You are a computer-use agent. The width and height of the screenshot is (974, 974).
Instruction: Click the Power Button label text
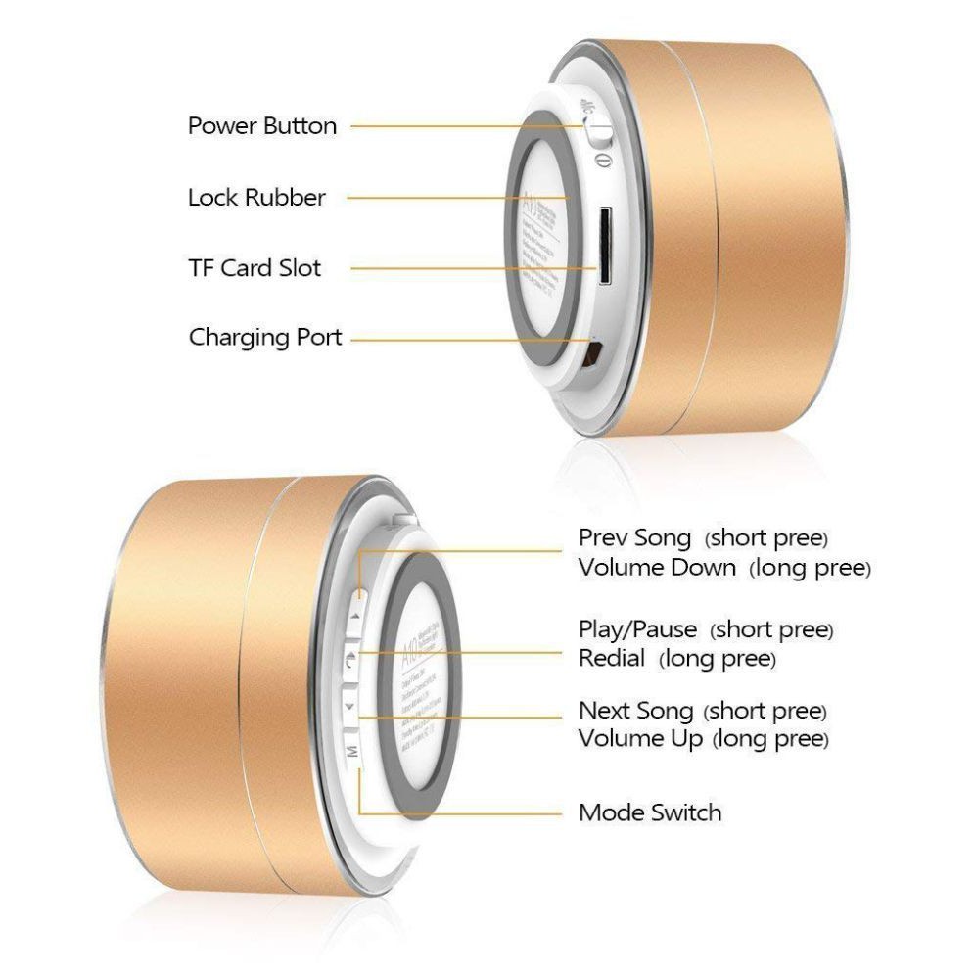tap(261, 126)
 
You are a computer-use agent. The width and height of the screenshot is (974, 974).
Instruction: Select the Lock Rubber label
tap(255, 198)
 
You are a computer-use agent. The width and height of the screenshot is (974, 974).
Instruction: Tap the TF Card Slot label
tap(255, 267)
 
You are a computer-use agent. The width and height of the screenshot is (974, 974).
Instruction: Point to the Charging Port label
tap(265, 339)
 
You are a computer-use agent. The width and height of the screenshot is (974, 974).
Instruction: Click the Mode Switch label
tap(650, 812)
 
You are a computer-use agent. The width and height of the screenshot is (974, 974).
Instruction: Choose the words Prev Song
tap(634, 538)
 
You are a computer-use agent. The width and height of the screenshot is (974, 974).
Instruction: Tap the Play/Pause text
tap(637, 629)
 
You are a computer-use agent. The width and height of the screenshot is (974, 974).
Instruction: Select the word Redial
tap(612, 659)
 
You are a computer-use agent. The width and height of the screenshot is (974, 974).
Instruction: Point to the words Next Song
tap(635, 710)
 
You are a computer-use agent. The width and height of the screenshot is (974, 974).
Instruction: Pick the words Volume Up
tap(640, 739)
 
